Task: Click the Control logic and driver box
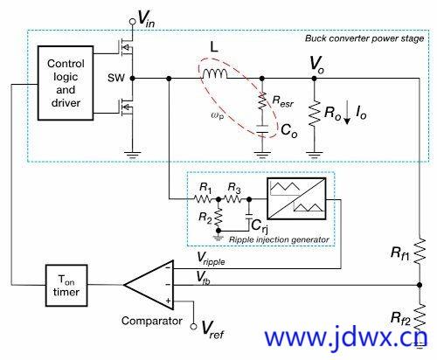point(66,83)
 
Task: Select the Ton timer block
point(66,286)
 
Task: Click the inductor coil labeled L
point(215,73)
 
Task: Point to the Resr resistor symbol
point(262,100)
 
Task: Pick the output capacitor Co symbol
point(262,129)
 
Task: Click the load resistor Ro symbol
point(314,114)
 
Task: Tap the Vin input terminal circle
point(133,21)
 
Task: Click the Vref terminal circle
point(193,327)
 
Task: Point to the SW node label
point(116,78)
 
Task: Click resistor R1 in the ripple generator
point(203,199)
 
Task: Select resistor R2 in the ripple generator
point(218,218)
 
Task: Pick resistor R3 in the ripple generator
point(233,199)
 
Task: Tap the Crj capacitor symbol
point(249,217)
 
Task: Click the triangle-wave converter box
point(296,198)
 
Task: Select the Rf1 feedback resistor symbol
point(420,252)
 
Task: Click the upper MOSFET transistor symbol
point(126,47)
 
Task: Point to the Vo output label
point(316,64)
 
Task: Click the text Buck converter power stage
point(364,38)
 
